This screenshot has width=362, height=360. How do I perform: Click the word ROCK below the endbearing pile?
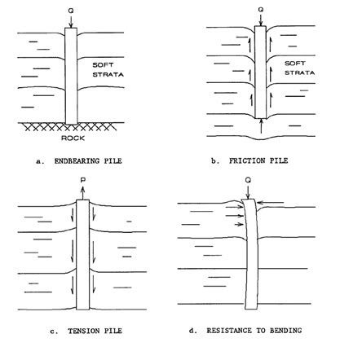(73, 138)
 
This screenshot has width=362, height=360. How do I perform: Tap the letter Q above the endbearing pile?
(71, 11)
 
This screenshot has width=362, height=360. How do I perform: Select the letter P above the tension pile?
(83, 180)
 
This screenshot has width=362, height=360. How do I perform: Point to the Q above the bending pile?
(248, 180)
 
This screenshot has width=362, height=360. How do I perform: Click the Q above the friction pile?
(261, 10)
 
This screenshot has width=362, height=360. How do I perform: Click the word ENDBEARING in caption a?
(77, 161)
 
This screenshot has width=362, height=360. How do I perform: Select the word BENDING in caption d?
(285, 331)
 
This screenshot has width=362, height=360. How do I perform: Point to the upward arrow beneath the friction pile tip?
(261, 126)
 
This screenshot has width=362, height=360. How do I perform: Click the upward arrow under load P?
(83, 192)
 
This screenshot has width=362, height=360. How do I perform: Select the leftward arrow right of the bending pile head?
(271, 203)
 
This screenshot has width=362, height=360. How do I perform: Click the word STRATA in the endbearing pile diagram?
(108, 74)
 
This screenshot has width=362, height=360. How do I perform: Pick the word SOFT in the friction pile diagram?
(295, 64)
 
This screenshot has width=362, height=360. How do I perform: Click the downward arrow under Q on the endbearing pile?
(71, 22)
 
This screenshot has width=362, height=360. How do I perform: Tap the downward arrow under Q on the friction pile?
(261, 20)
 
